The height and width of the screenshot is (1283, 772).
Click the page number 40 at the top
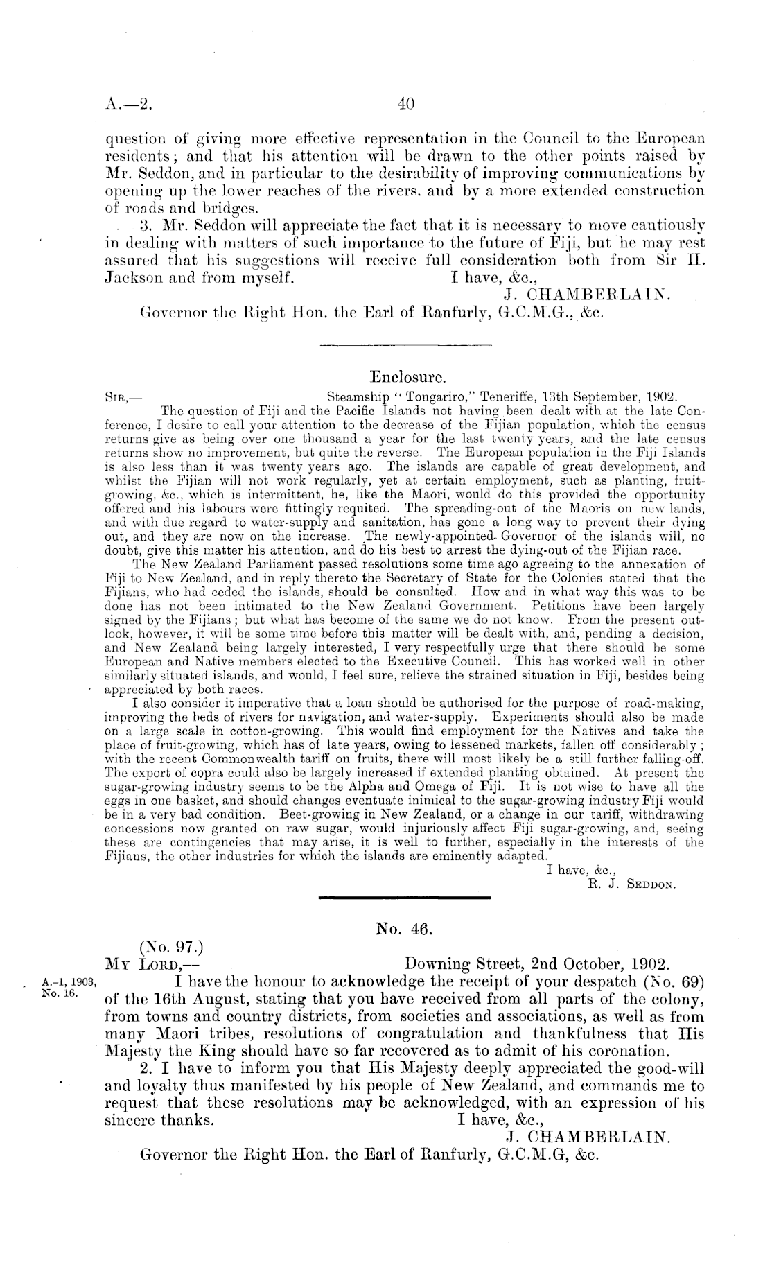coord(406,105)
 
